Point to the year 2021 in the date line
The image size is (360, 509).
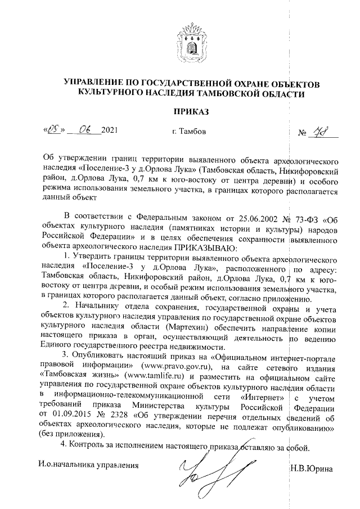(110, 133)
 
